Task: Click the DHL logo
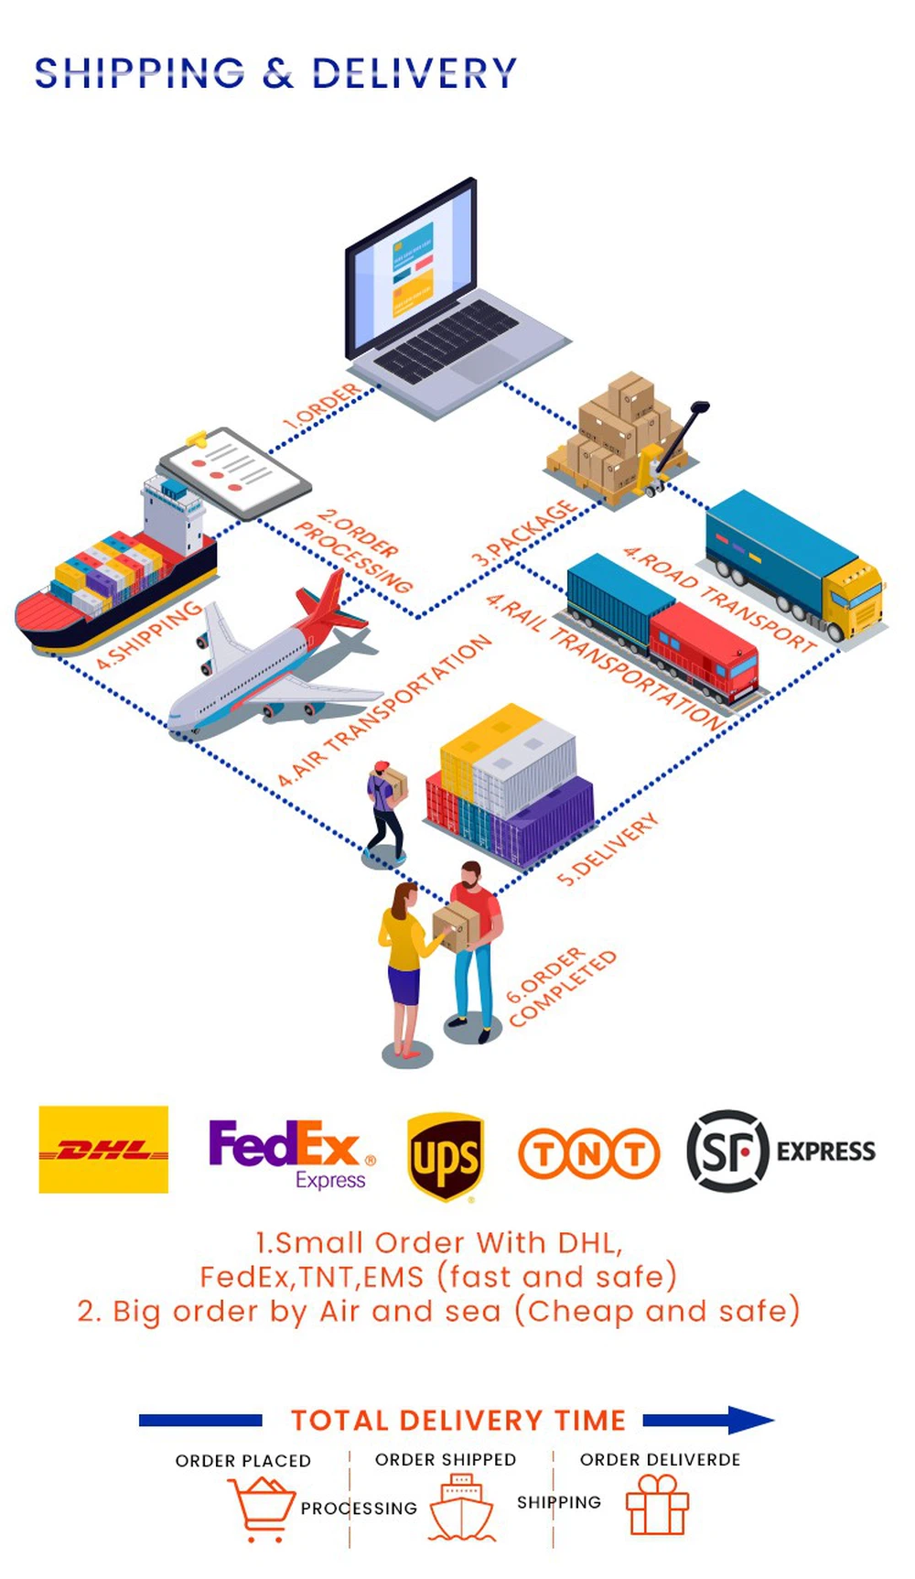click(x=103, y=1149)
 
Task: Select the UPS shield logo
click(x=446, y=1155)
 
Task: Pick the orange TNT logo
click(x=588, y=1153)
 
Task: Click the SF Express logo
click(x=780, y=1151)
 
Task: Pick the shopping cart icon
click(x=263, y=1509)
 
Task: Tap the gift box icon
click(x=657, y=1506)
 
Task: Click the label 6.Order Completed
click(x=560, y=986)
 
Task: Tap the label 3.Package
click(x=523, y=533)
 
